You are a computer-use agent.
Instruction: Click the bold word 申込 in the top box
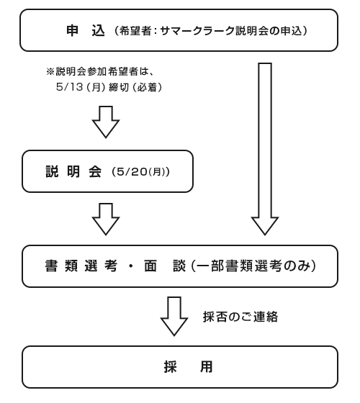86,31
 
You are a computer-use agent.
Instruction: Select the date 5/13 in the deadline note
69,87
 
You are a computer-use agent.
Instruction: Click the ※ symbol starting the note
50,71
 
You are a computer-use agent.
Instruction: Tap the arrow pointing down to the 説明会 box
106,122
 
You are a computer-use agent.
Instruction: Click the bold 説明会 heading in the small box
73,171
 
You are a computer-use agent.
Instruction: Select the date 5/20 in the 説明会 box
132,172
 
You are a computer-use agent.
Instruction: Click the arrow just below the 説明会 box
106,219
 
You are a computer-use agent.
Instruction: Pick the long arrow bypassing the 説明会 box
265,149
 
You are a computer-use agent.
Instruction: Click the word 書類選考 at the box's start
81,266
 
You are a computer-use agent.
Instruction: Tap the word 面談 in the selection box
165,266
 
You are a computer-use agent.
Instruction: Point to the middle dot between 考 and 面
130,266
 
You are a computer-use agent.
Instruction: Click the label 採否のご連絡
240,317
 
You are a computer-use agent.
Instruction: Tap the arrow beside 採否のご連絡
174,317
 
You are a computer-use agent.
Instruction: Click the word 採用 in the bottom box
188,367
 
